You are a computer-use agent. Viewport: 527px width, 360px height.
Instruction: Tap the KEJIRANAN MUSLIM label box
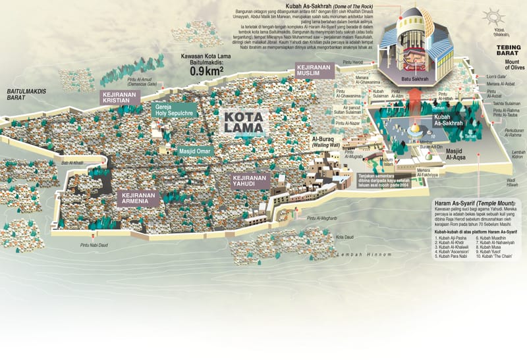coord(318,71)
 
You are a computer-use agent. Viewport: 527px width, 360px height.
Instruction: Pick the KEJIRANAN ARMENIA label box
coord(138,199)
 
